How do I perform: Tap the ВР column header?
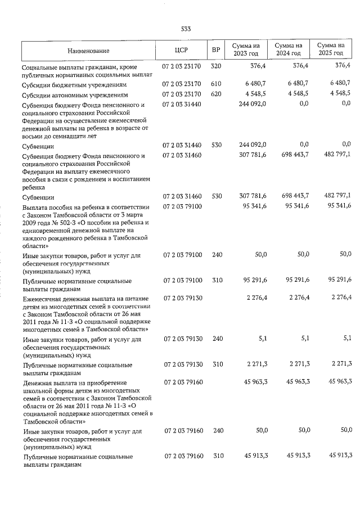coord(215,51)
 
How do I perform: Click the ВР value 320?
coord(215,66)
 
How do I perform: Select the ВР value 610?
coord(215,84)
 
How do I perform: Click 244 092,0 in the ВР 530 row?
coord(251,145)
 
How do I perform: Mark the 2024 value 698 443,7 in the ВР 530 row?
coord(293,196)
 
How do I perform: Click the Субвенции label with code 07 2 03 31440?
coord(38,146)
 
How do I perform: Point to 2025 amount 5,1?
coord(346,339)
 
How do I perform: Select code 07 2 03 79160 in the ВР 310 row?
coord(182,456)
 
